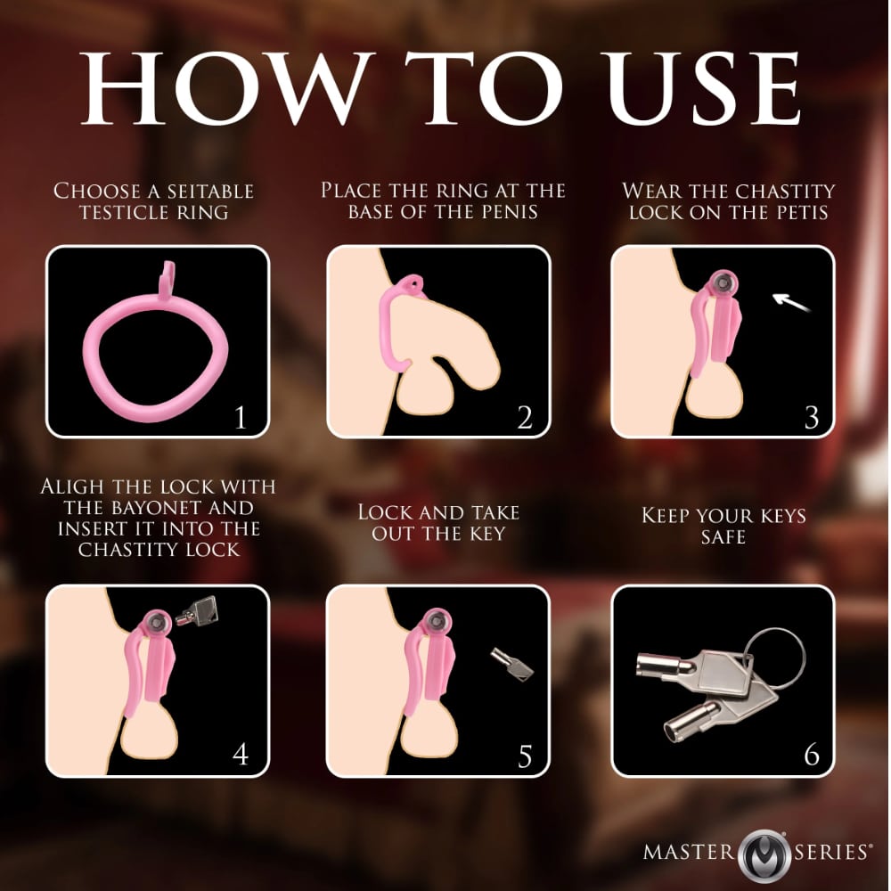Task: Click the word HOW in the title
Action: (226, 88)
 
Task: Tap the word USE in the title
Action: (704, 88)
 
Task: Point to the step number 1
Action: (240, 418)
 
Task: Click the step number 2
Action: (525, 418)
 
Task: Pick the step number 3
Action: (812, 418)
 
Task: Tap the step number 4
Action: (241, 755)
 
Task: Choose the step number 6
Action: (812, 755)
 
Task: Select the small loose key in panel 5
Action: (512, 665)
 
